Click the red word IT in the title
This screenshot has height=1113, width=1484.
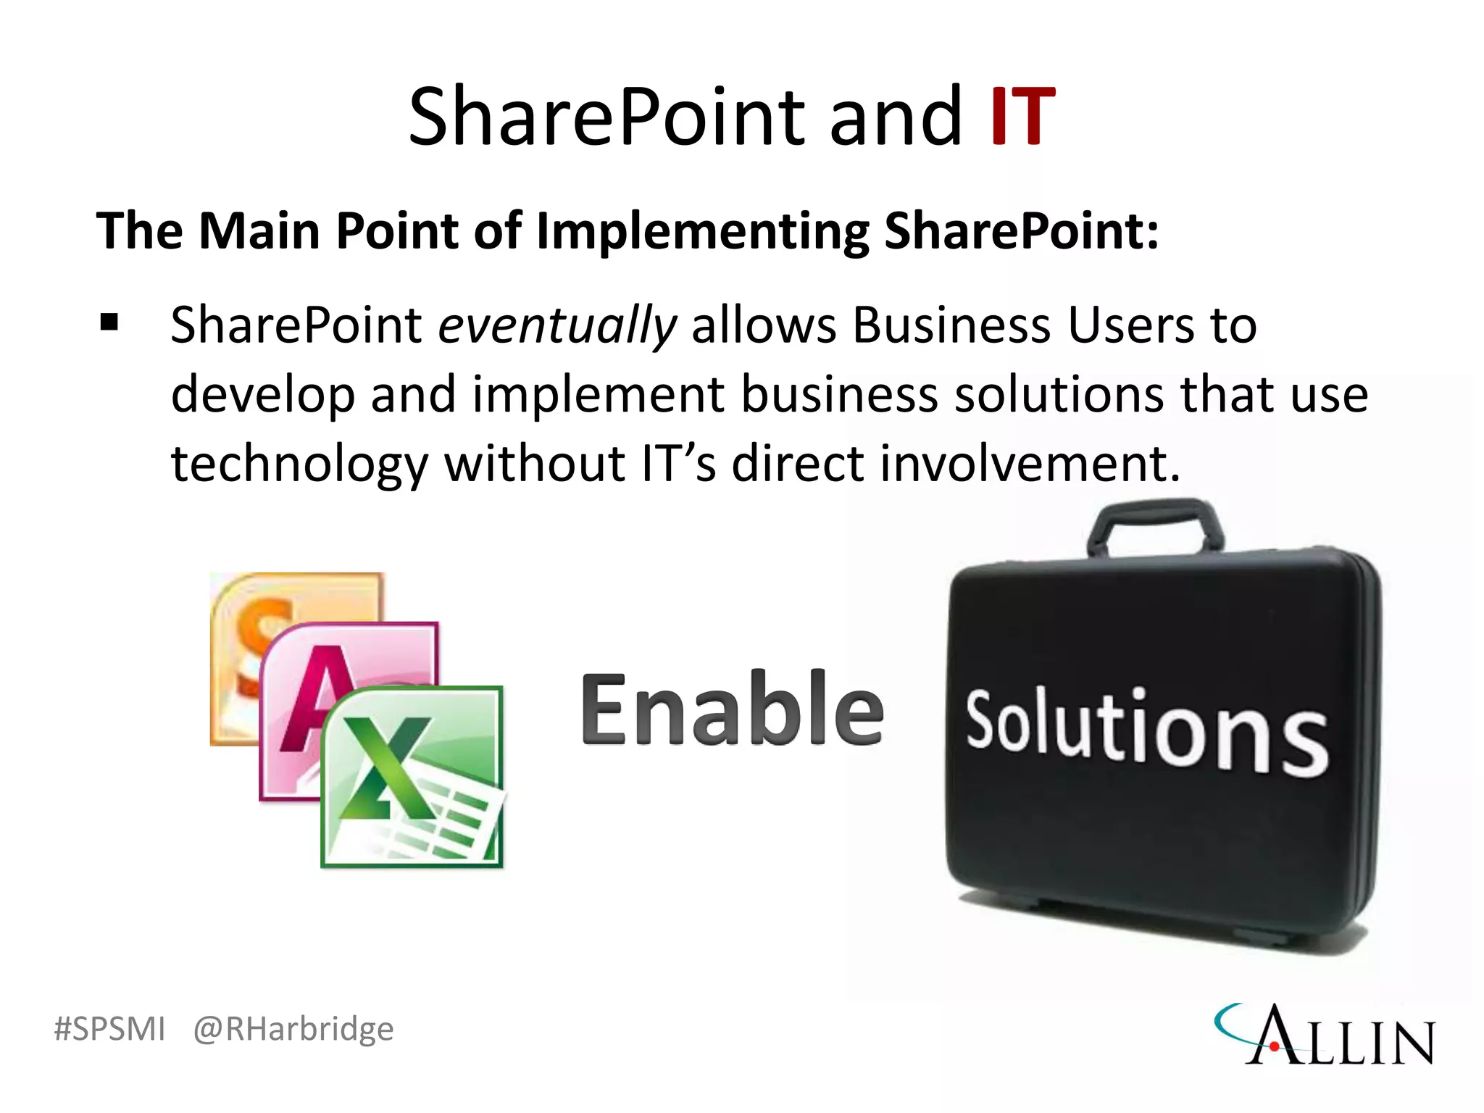coord(1022,117)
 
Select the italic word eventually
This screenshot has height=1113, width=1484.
coord(557,325)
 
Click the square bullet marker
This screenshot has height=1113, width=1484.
coord(109,322)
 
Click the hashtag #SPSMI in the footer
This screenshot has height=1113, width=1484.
coord(110,1028)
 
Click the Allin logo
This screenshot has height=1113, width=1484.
coord(1325,1034)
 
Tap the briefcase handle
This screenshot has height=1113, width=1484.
coord(1156,525)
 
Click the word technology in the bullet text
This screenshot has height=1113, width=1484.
coord(299,464)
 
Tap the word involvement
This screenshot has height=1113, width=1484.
coord(1030,464)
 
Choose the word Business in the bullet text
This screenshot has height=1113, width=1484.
coord(951,325)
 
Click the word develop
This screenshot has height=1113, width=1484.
coord(262,396)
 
